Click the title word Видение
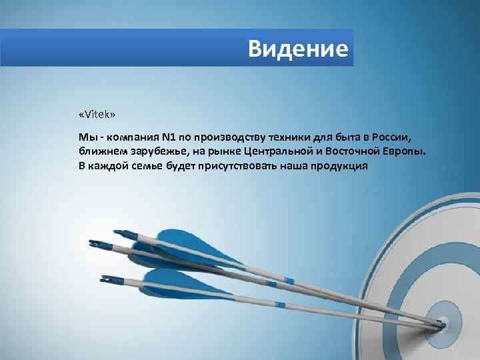point(297,49)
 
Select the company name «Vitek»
point(97,115)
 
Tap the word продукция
point(340,165)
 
